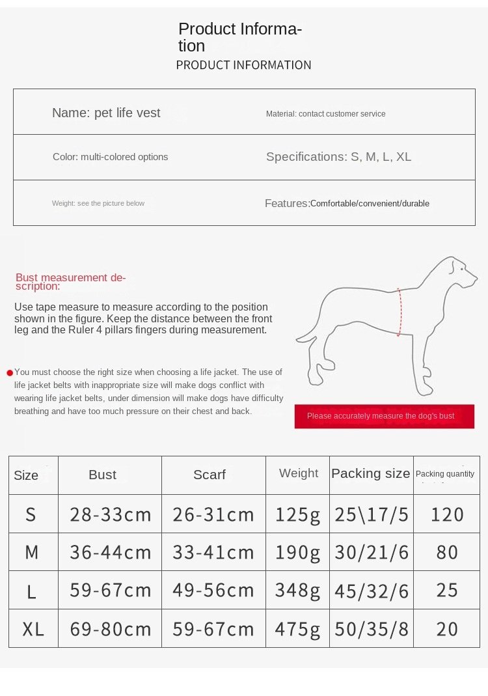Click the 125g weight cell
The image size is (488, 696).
297,514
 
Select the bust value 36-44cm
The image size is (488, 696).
110,552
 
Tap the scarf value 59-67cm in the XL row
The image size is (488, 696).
213,629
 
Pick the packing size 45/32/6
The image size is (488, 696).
372,591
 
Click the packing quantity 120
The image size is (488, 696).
447,514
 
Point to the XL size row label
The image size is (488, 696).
33,629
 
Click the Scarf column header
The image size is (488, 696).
210,475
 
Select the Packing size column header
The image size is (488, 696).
371,473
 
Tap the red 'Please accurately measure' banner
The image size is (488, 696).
384,416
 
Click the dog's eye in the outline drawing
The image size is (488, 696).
461,268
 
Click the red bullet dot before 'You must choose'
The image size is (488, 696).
10,373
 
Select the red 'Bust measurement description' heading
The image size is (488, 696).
70,281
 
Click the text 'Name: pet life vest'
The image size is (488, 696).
106,113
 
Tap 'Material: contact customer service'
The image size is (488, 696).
325,114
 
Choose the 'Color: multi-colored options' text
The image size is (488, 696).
110,157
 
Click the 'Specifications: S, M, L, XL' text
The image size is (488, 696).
338,157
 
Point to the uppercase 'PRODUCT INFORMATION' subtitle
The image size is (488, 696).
243,65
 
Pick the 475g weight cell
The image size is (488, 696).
297,629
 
